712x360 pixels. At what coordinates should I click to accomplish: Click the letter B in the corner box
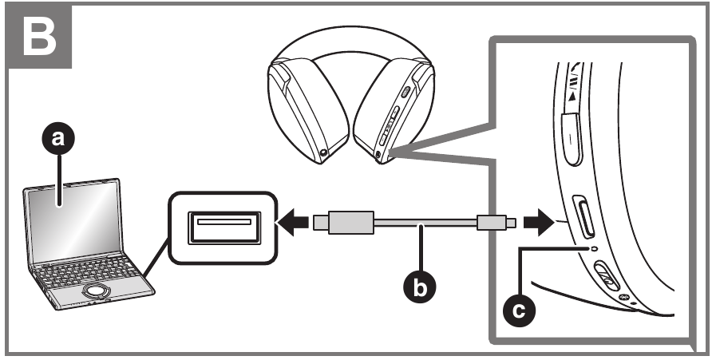tap(38, 36)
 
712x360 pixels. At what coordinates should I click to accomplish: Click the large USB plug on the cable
tap(343, 222)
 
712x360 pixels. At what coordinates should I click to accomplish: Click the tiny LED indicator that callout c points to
tap(592, 249)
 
